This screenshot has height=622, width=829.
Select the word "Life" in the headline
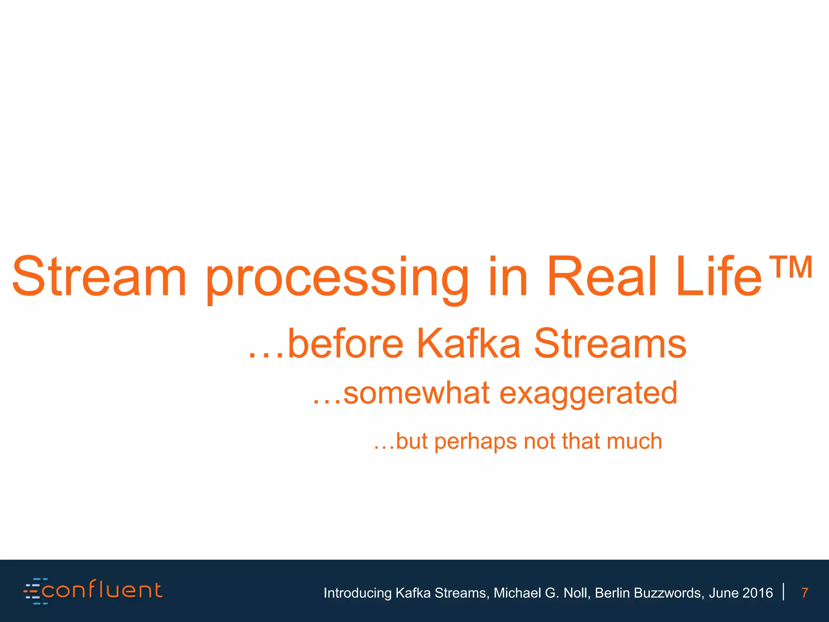719,276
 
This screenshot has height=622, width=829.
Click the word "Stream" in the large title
100,276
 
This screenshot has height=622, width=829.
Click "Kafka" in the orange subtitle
468,344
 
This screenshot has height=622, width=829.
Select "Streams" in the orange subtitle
610,344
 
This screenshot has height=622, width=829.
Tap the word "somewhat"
417,393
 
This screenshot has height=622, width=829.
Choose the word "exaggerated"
588,393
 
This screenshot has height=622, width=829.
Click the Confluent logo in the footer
94,591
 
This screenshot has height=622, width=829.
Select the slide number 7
805,593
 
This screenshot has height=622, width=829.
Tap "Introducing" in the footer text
357,593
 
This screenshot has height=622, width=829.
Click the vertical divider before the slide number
784,591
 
